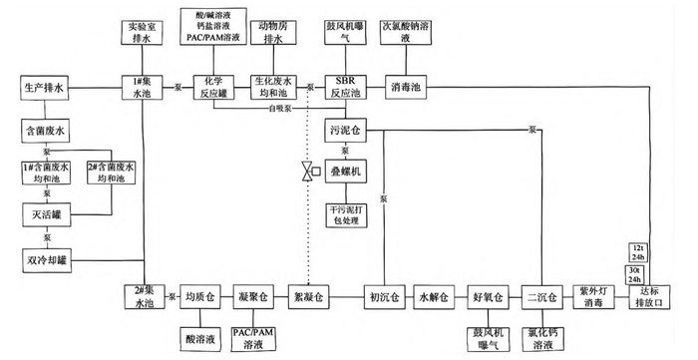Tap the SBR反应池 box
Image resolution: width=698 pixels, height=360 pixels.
pyautogui.click(x=345, y=87)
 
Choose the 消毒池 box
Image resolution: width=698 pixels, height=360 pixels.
pyautogui.click(x=409, y=87)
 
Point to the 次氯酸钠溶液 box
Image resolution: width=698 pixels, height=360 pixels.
pyautogui.click(x=409, y=31)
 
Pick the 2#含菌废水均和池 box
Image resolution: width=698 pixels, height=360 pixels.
pyautogui.click(x=107, y=172)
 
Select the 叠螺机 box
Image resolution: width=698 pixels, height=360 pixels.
pyautogui.click(x=345, y=172)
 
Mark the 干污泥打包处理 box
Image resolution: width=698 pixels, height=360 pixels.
pyautogui.click(x=345, y=214)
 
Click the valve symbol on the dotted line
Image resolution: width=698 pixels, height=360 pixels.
pyautogui.click(x=309, y=172)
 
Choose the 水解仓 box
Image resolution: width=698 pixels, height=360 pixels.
pyautogui.click(x=435, y=296)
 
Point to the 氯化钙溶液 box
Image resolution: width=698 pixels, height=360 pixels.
pyautogui.click(x=543, y=337)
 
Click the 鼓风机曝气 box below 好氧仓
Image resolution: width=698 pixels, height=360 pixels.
pyautogui.click(x=489, y=337)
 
